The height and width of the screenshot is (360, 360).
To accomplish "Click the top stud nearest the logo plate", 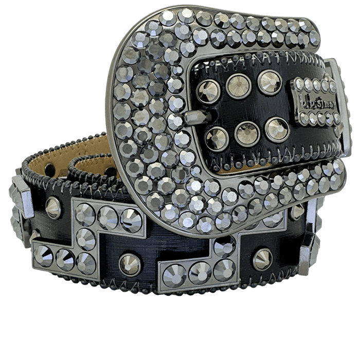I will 269,82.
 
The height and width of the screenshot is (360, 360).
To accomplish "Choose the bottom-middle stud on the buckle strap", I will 247,134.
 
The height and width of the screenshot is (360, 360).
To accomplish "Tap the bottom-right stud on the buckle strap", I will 277,129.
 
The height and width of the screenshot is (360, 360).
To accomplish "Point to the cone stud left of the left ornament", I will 53,207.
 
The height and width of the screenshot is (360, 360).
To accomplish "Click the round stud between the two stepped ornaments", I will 130,264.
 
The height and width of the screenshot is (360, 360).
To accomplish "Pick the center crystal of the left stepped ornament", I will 85,239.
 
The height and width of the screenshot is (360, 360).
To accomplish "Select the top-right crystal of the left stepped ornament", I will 131,220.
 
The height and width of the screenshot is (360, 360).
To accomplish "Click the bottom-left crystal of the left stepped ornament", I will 43,256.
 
